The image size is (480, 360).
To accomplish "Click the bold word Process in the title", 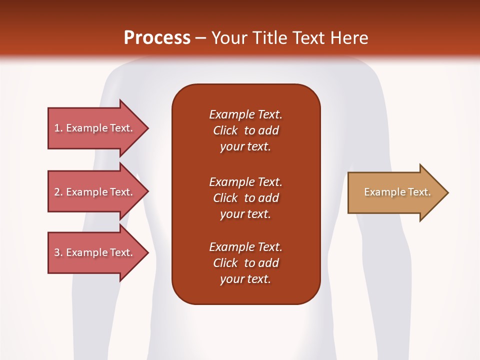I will point(157,37).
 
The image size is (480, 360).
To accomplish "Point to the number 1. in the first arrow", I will point(58,128).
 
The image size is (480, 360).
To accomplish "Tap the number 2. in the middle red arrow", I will point(58,192).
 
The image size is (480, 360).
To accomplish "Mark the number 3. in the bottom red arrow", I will point(58,252).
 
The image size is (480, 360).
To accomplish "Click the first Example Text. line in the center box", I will point(245,114).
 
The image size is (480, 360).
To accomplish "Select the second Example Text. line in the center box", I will point(245,181).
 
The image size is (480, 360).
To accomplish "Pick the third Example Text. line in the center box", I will point(245,247).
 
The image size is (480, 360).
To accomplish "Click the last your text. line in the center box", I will point(245,279).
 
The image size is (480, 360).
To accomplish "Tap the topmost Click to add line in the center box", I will point(245,130).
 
